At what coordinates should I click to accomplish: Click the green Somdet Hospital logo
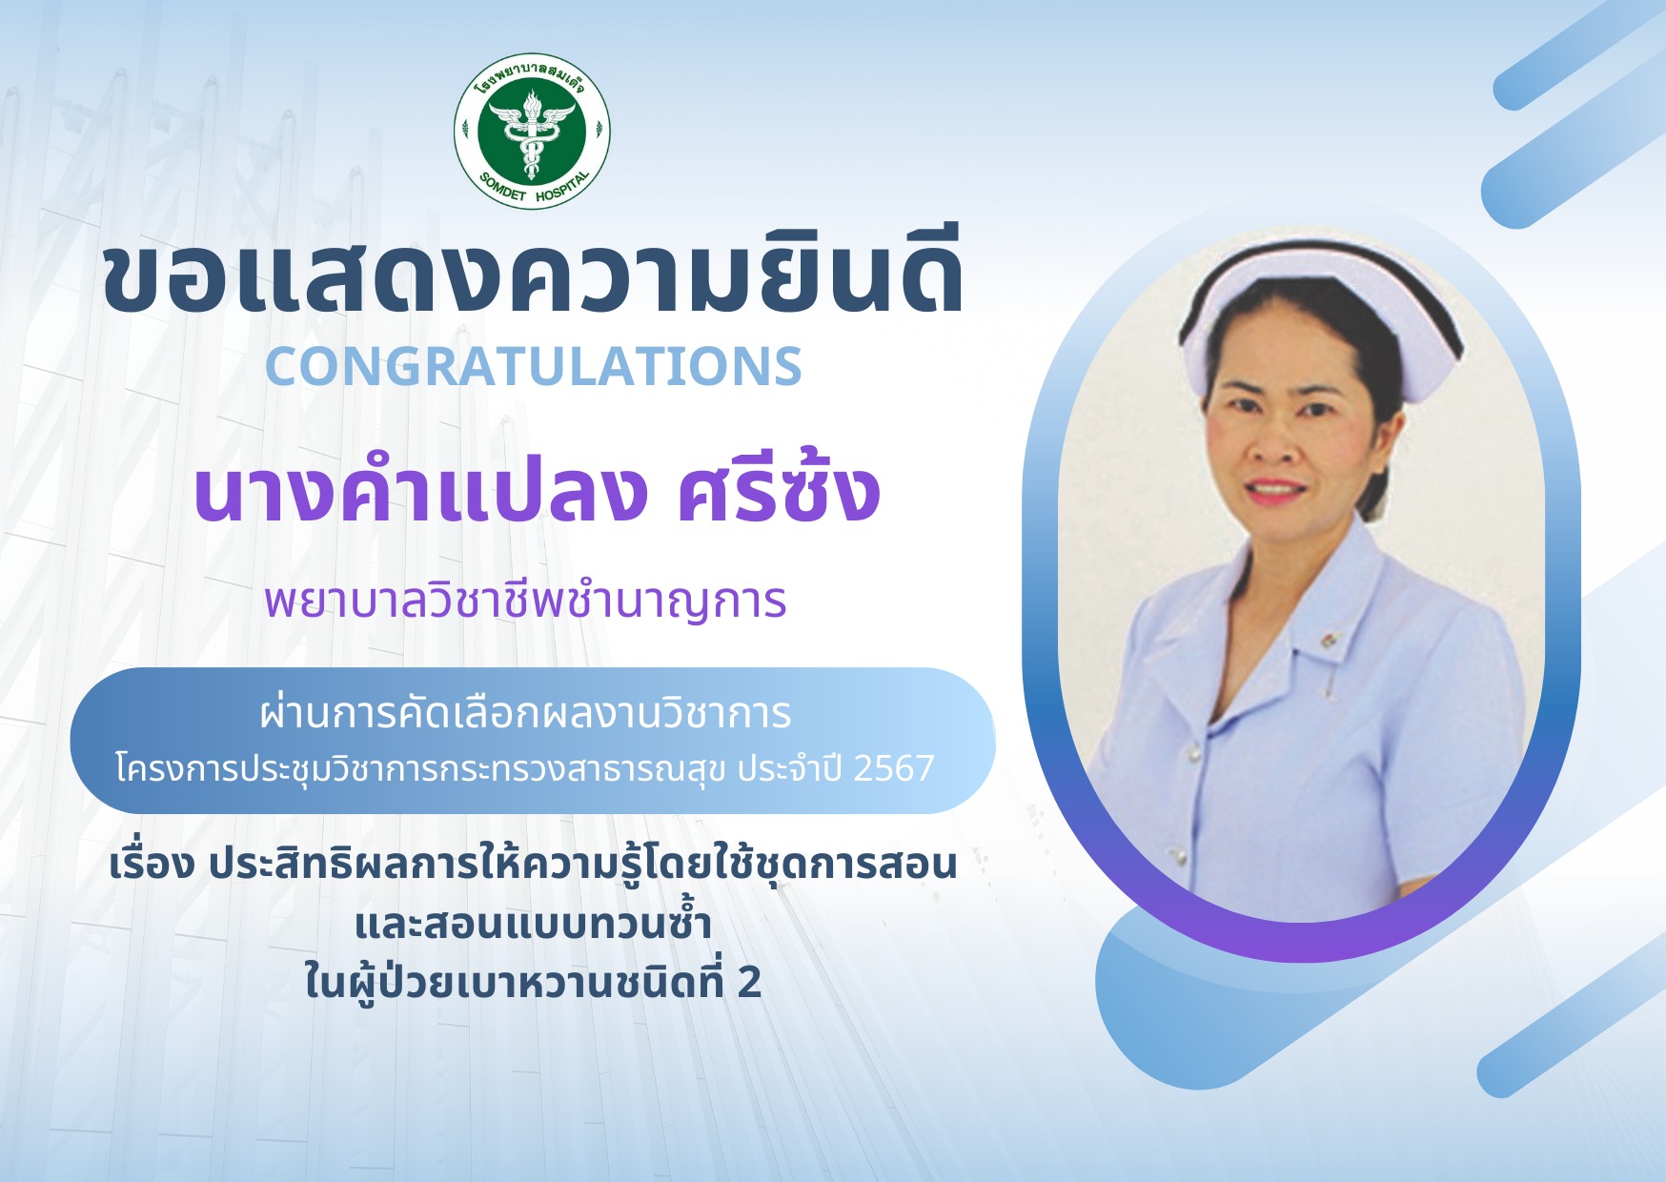532,131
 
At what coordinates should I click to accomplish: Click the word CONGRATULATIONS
534,366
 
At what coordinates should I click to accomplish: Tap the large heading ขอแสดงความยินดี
534,275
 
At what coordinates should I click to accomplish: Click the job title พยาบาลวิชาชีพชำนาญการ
525,601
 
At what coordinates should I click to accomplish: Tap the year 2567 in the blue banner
893,768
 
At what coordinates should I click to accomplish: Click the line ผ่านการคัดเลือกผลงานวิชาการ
525,713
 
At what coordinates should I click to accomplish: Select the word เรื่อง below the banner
152,863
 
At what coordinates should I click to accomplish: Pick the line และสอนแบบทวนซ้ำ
533,923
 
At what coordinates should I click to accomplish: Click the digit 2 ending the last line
749,983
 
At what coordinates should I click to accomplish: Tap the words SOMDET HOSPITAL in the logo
535,188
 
